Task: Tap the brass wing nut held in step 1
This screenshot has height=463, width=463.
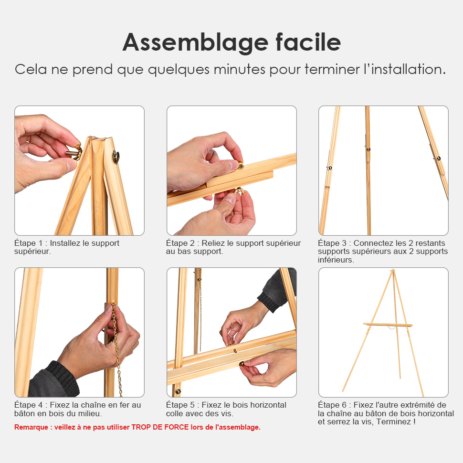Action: pos(74,152)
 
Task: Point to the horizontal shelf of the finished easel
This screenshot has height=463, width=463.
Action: pos(388,325)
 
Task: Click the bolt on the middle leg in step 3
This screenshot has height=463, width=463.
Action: pos(368,149)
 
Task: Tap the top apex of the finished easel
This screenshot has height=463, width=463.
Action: pos(393,271)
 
